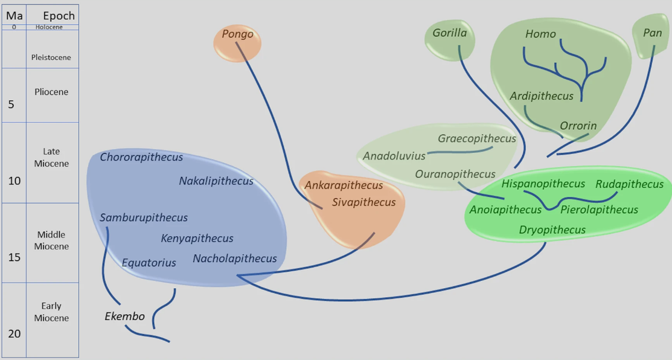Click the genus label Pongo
pyautogui.click(x=237, y=34)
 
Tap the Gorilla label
pyautogui.click(x=449, y=33)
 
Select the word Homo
pyautogui.click(x=540, y=34)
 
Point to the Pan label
pyautogui.click(x=652, y=33)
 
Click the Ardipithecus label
pyautogui.click(x=541, y=96)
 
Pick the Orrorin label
pyautogui.click(x=578, y=126)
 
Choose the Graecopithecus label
pyautogui.click(x=477, y=138)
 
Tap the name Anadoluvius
pyautogui.click(x=394, y=156)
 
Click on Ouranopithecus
pyautogui.click(x=455, y=174)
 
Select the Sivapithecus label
pyautogui.click(x=363, y=202)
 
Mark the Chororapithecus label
pyautogui.click(x=141, y=157)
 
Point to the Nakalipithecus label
pyautogui.click(x=216, y=181)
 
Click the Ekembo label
pyautogui.click(x=124, y=316)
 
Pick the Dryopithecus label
pyautogui.click(x=552, y=230)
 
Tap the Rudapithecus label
pyautogui.click(x=629, y=184)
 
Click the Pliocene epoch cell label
pyautogui.click(x=51, y=92)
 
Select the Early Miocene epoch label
pyautogui.click(x=51, y=312)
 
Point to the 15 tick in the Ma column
pyautogui.click(x=14, y=257)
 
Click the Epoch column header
pyautogui.click(x=59, y=15)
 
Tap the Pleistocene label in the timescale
pyautogui.click(x=51, y=57)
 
